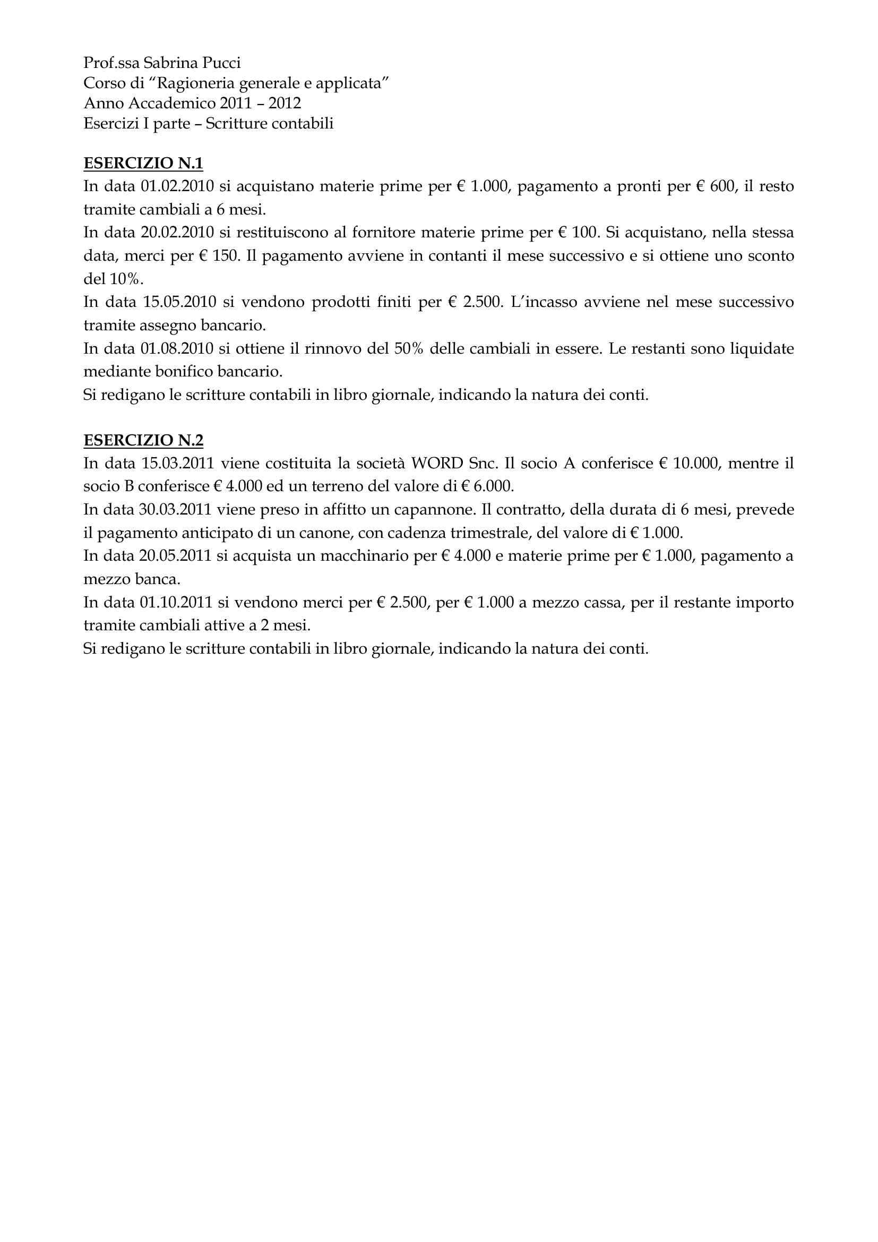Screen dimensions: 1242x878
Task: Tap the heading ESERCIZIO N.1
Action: point(143,163)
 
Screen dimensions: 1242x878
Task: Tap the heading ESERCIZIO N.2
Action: point(143,440)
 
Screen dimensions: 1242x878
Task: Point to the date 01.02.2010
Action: point(178,186)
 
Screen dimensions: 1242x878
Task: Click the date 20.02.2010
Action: point(178,233)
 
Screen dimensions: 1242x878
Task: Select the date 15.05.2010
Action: point(180,302)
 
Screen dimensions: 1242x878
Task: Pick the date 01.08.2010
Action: point(178,348)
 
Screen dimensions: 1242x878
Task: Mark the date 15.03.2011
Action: point(178,464)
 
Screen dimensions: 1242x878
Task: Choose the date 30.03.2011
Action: point(178,510)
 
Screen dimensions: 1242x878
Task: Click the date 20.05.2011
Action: point(178,556)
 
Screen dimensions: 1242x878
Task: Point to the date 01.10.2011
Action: point(178,602)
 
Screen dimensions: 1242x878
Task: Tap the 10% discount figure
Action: point(125,279)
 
